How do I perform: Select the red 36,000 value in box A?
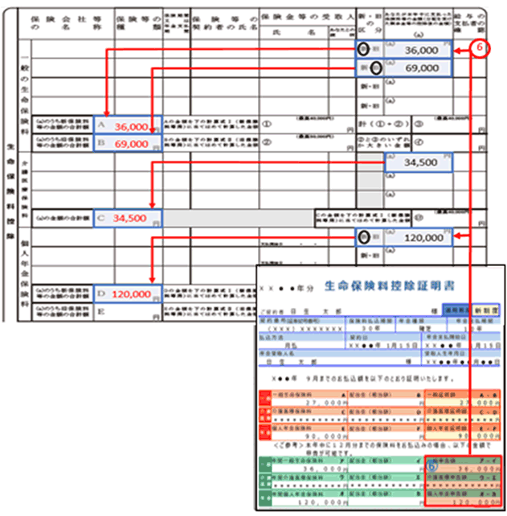[x=131, y=127]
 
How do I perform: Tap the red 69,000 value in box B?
[x=131, y=144]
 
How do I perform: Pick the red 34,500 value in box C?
[x=131, y=218]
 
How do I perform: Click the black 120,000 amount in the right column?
[x=423, y=239]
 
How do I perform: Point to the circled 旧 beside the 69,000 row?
[x=376, y=68]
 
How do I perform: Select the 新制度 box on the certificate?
[x=486, y=309]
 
